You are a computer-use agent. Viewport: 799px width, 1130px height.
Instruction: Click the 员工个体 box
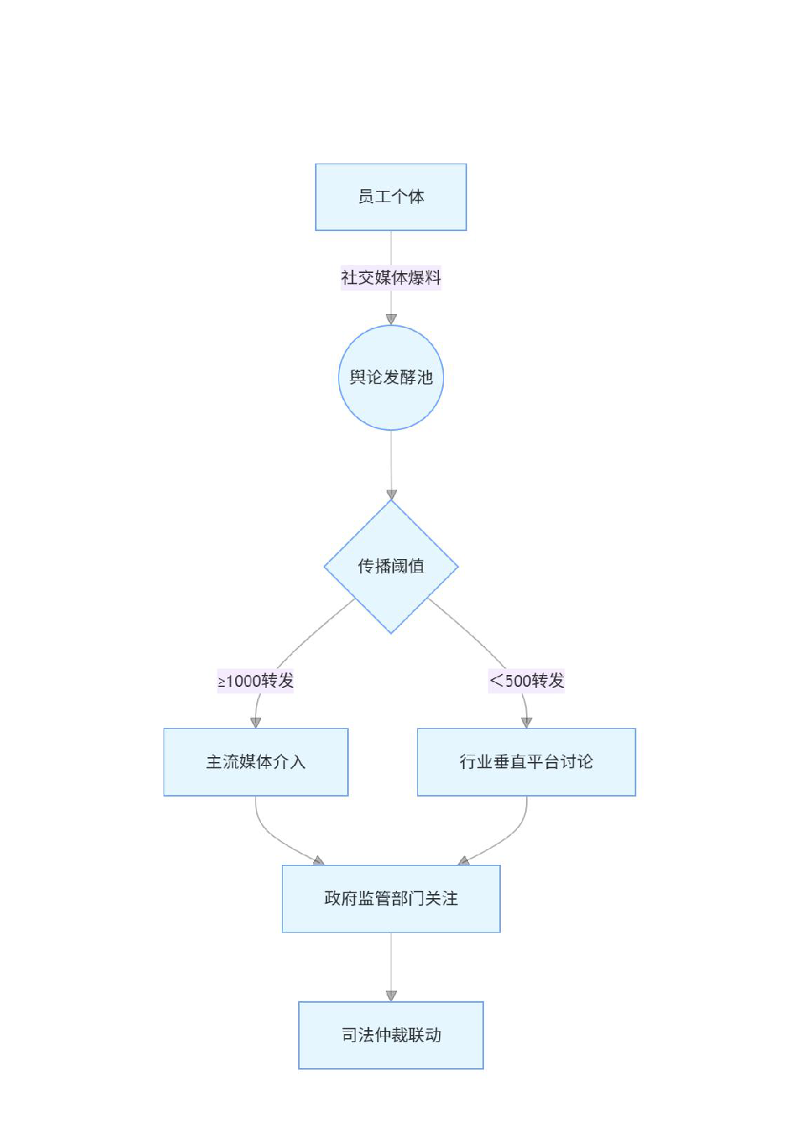[391, 197]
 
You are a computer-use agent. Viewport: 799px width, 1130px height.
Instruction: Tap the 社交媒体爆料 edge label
[391, 277]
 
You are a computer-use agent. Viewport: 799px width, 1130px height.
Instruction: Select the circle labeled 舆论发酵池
[391, 378]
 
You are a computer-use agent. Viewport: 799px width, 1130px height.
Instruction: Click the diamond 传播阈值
[391, 566]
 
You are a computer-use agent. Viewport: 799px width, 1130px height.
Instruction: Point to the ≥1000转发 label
[256, 681]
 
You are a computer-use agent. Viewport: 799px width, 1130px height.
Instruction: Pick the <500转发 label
[526, 681]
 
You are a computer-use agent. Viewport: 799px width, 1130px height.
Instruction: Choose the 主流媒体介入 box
[256, 762]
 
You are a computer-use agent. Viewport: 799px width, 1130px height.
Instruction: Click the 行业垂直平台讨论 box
[527, 762]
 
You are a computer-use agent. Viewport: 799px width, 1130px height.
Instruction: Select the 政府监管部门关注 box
[391, 899]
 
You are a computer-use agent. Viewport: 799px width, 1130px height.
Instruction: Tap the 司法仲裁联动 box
[391, 1035]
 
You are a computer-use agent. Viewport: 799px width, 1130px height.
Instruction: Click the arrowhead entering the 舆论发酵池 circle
[391, 320]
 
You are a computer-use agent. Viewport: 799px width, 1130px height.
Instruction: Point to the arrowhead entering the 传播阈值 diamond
[391, 495]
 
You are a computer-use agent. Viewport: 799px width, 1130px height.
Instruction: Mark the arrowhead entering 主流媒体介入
[256, 723]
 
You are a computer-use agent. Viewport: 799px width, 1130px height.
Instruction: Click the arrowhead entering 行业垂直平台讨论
[527, 723]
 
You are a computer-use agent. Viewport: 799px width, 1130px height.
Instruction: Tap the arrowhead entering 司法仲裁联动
[391, 995]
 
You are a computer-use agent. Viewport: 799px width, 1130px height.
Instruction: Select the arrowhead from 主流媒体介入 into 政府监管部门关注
[319, 861]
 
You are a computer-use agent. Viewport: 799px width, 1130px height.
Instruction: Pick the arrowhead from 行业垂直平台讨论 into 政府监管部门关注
[464, 861]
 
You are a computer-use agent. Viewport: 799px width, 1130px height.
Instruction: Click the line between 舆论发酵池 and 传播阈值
[391, 460]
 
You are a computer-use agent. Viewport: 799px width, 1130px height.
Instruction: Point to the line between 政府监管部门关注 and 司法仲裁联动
[391, 962]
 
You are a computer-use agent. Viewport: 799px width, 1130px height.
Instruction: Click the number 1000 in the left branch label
[243, 681]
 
